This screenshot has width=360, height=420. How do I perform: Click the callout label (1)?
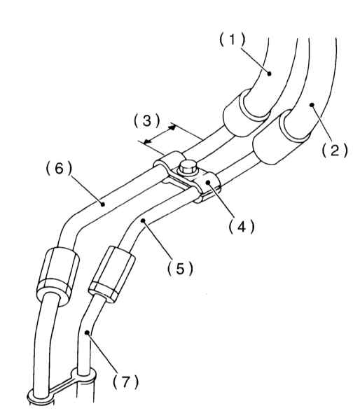coord(233,40)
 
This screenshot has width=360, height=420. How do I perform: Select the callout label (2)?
coord(335,150)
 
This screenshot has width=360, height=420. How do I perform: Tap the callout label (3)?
coord(146,120)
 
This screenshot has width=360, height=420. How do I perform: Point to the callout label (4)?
coord(242,227)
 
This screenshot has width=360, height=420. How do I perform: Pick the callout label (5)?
coord(180,268)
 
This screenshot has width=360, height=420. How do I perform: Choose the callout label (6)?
coord(60,169)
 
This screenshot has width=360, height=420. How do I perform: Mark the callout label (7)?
coord(125,381)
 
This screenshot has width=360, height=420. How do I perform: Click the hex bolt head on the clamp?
coord(187,167)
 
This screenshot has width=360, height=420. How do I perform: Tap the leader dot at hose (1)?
coord(270,73)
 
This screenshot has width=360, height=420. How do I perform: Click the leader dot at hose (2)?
coord(312,105)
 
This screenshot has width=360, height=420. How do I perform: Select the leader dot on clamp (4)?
coord(208,183)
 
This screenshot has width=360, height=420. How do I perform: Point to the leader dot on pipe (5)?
coord(143,220)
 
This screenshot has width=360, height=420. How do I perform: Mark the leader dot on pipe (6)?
coord(102,204)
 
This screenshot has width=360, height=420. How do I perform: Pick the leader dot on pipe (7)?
coord(87,332)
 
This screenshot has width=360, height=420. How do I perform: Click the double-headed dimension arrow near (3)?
coord(160,134)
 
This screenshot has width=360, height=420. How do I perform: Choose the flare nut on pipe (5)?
coord(112,274)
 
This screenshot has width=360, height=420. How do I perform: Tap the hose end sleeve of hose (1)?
coord(246,113)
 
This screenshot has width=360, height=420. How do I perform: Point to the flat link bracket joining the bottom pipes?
coord(62,386)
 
